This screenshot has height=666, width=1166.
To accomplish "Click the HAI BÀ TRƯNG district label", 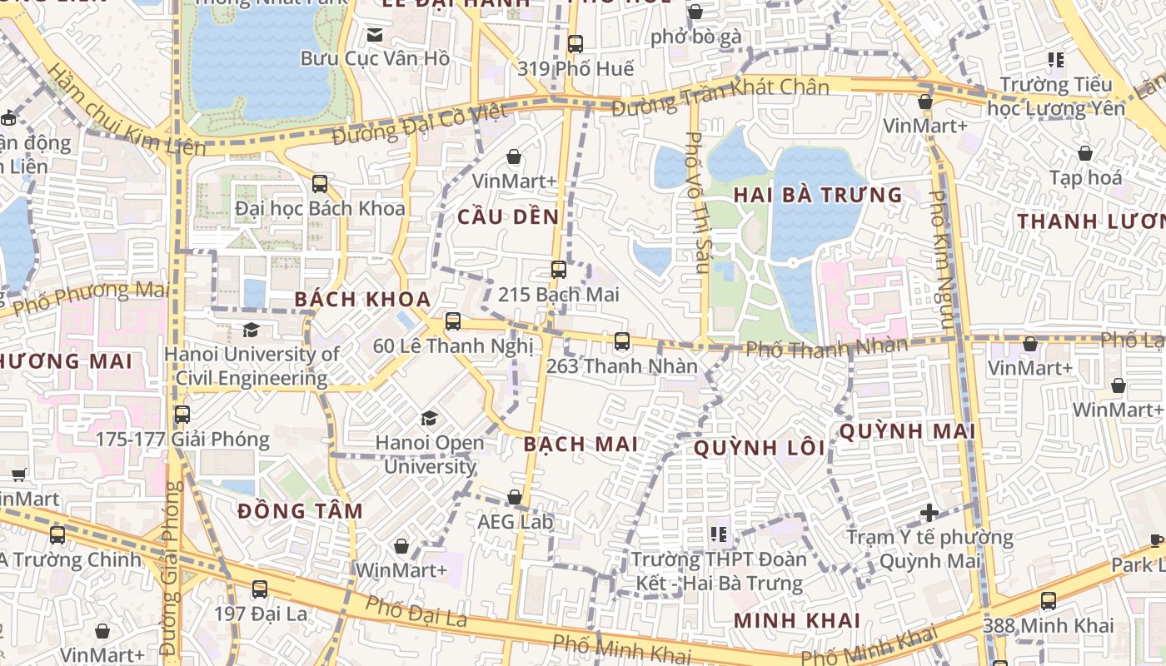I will [817, 196].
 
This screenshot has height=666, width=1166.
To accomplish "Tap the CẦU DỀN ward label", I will [508, 216].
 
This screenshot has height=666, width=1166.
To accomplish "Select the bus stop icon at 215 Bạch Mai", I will [558, 270].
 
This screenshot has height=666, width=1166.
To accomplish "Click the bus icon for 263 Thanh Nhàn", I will [621, 340].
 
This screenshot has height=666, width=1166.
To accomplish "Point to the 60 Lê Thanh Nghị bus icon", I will [453, 321].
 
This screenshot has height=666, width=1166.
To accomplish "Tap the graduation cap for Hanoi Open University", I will [429, 417].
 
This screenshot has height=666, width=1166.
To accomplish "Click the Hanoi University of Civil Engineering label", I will [252, 365].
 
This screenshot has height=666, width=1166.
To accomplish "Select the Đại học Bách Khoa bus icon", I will [320, 183].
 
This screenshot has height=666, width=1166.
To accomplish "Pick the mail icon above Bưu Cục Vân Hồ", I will [375, 35].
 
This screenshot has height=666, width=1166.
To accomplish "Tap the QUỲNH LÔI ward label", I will [759, 449].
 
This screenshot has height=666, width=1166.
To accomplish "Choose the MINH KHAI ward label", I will [796, 620].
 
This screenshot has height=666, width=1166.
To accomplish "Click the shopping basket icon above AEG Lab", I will [515, 498].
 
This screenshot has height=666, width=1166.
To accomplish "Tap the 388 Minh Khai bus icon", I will [1048, 600].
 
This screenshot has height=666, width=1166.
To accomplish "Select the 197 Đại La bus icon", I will [260, 589].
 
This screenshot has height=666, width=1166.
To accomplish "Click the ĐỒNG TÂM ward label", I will [300, 511].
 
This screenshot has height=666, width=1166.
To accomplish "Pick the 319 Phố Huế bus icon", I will [575, 43].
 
